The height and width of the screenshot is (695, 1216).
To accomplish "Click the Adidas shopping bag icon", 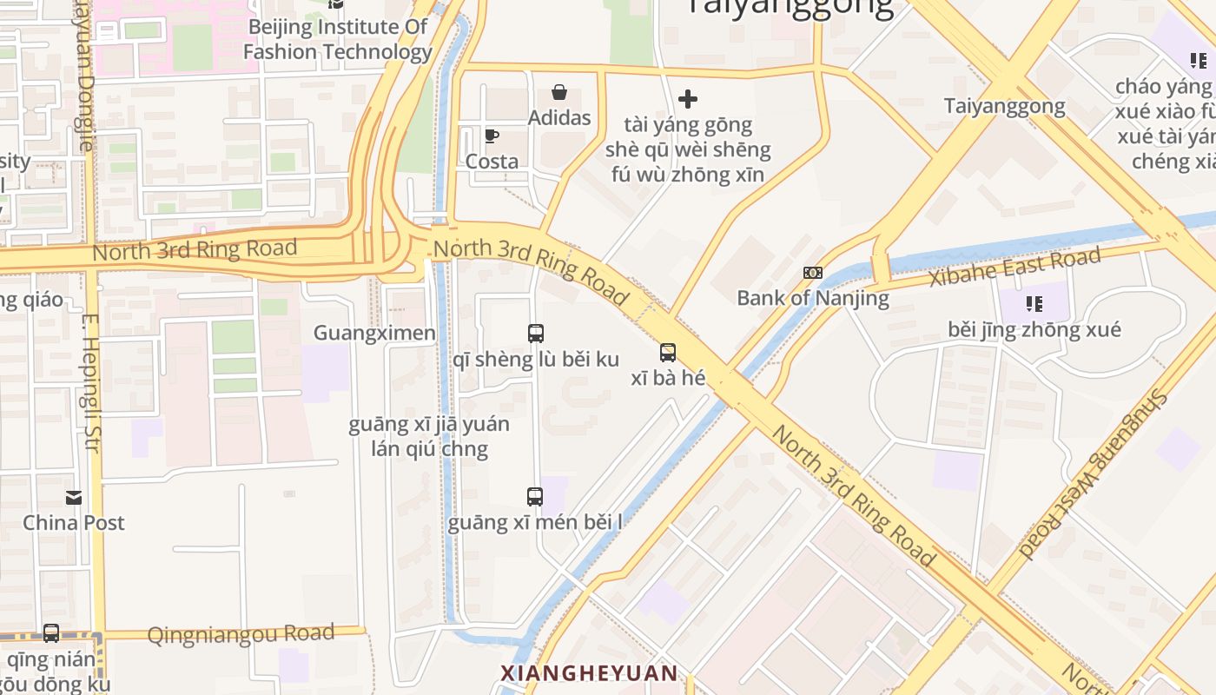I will (x=559, y=92).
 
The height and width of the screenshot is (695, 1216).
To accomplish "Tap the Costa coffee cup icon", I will (x=491, y=136).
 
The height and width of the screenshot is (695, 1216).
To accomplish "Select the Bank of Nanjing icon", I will (x=813, y=273).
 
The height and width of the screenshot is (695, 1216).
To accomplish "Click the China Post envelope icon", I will (x=74, y=498).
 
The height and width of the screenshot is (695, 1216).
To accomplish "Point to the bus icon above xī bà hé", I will (x=667, y=353).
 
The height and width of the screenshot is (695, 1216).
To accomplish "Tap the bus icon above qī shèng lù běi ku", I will (x=536, y=334).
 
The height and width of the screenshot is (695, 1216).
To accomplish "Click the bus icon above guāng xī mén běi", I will (x=535, y=497).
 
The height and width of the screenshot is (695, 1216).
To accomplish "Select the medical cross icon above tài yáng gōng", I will (x=688, y=99).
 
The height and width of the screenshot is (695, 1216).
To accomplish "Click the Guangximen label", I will (x=374, y=333).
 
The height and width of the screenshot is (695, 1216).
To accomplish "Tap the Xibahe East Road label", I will (x=1014, y=267).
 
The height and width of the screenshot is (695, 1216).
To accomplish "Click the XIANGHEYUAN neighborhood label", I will (x=589, y=673).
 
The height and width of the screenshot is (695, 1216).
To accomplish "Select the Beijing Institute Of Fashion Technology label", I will (x=337, y=39).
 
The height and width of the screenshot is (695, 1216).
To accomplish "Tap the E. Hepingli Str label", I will (x=91, y=382).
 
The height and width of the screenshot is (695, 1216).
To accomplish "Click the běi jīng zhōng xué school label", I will (x=1034, y=330).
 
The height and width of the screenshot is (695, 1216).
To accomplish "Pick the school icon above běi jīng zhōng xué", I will (x=1034, y=303).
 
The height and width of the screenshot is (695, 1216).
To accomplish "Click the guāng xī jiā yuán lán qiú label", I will (x=429, y=437).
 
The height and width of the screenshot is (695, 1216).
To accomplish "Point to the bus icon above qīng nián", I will (x=51, y=633).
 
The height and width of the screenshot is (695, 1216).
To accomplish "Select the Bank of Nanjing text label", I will (x=813, y=298).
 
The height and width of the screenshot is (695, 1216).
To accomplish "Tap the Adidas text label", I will (x=559, y=118).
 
